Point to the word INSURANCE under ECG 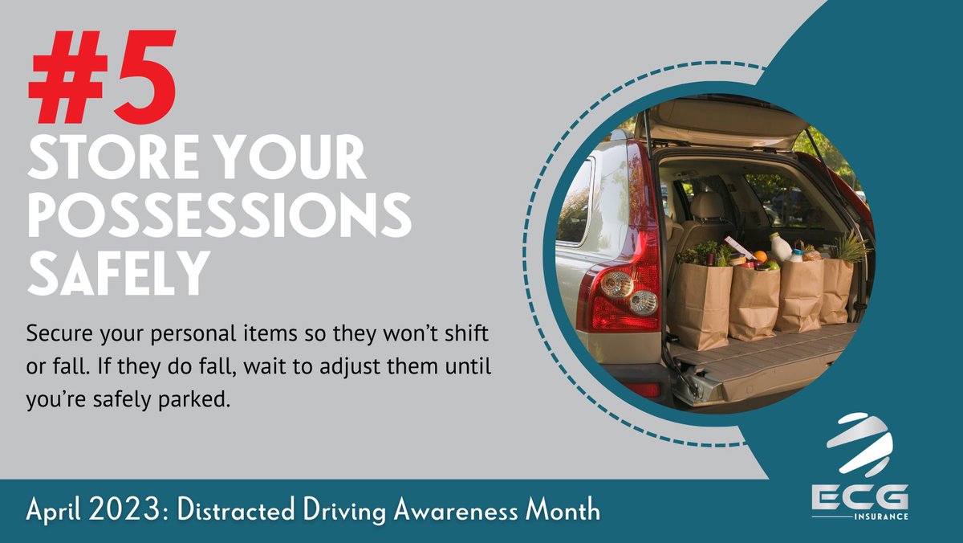pyautogui.click(x=883, y=516)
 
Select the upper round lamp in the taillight pyautogui.click(x=617, y=284)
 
